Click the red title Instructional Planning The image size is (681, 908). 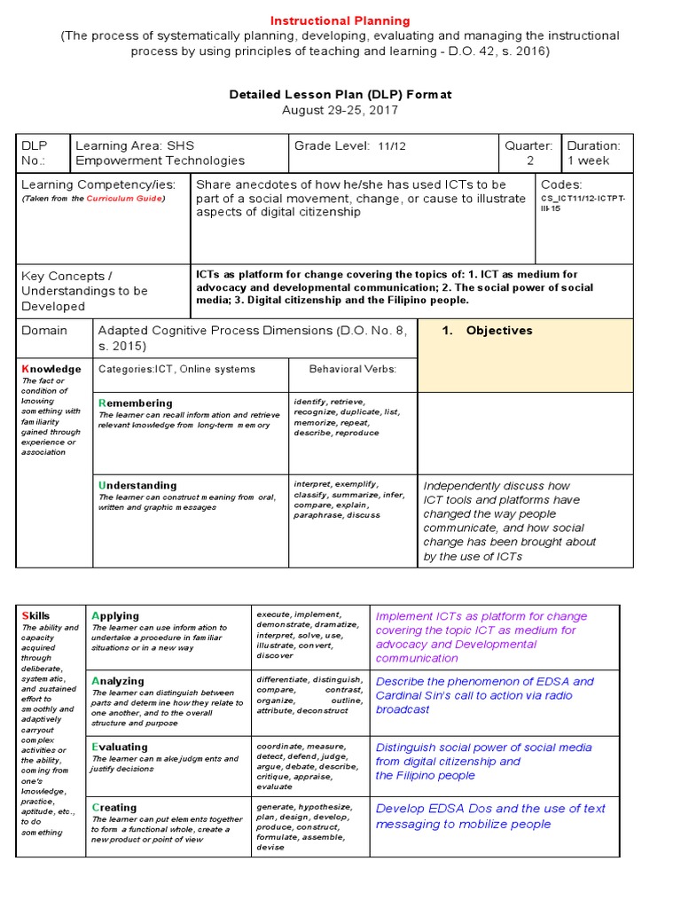tap(340, 20)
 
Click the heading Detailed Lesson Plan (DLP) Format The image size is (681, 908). tap(340, 94)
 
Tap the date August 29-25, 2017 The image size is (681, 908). tap(340, 110)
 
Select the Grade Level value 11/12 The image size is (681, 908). tap(392, 145)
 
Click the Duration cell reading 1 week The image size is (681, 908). tap(589, 160)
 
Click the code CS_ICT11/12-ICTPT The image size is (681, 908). tap(583, 200)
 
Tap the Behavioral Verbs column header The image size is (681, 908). tap(353, 369)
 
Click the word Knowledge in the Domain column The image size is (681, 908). tap(51, 369)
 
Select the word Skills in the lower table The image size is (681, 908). tap(35, 615)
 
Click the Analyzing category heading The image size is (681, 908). tap(119, 681)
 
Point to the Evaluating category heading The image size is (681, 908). tap(121, 748)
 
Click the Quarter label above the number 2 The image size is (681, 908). tap(528, 145)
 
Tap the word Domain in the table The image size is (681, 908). tap(44, 331)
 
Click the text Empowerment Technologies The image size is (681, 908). tap(160, 160)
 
